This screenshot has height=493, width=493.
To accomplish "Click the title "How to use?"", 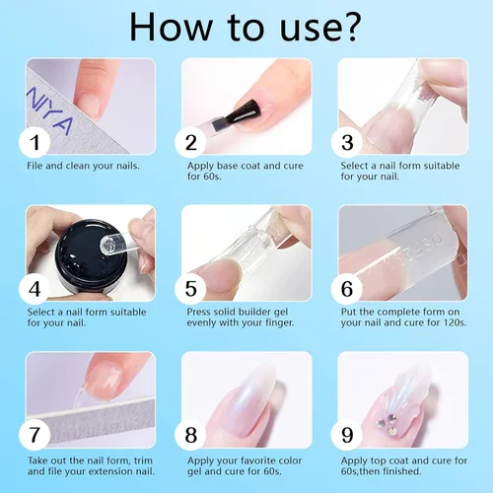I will coord(245,28).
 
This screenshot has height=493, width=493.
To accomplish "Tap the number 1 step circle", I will coord(37,142).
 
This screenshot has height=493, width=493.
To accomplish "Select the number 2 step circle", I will coord(192,142).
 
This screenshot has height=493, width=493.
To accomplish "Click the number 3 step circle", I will coord(349,142).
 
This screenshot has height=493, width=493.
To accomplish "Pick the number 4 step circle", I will coord(37,288).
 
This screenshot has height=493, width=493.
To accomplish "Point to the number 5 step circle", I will coord(192,288).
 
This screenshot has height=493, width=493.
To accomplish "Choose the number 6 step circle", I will coord(349,288).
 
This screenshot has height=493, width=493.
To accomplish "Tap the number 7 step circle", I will coord(37,434).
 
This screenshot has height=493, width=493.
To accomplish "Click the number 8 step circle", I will coord(192,434).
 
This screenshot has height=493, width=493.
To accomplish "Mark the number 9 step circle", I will coord(349,434).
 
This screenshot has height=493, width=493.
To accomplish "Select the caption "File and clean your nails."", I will coord(83,165).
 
